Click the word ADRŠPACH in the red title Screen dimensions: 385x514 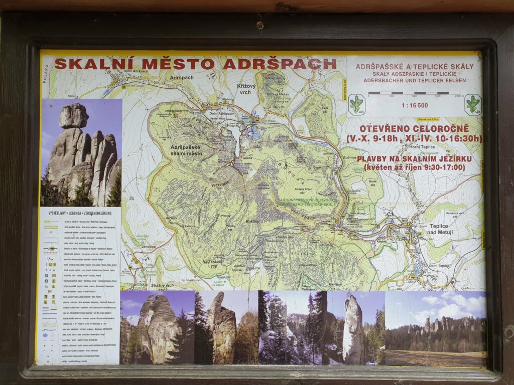tap(279, 64)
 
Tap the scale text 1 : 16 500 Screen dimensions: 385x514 tap(415, 106)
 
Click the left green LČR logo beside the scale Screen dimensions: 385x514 tap(356, 104)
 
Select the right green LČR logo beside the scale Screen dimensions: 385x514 tap(472, 104)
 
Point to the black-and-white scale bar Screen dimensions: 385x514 tap(414, 93)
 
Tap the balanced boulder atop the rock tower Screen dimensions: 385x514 tap(73, 116)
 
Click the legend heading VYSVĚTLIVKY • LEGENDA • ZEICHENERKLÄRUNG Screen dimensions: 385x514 tap(79, 213)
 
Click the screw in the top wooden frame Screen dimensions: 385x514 tap(260, 25)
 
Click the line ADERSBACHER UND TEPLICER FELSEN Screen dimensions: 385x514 tap(414, 80)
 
